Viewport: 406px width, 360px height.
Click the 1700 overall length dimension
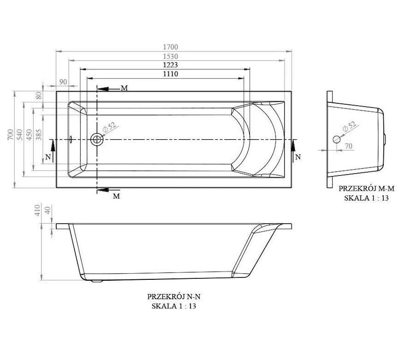click(x=170, y=47)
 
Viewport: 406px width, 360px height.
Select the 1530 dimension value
click(x=170, y=56)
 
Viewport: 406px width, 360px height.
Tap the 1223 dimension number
click(x=170, y=65)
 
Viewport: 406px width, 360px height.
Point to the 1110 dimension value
click(x=170, y=74)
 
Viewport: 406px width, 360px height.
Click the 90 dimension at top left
click(x=63, y=82)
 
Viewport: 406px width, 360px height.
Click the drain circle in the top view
click(x=97, y=139)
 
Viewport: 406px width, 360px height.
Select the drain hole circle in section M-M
click(x=337, y=139)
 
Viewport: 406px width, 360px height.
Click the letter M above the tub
click(x=124, y=88)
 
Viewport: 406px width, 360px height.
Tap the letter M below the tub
click(x=117, y=196)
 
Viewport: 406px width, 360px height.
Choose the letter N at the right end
click(x=298, y=157)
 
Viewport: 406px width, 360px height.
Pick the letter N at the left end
click(x=48, y=157)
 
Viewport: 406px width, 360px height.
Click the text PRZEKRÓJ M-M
click(x=367, y=189)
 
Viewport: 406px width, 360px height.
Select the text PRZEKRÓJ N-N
click(x=173, y=296)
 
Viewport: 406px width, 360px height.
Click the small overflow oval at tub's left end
click(x=71, y=139)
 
